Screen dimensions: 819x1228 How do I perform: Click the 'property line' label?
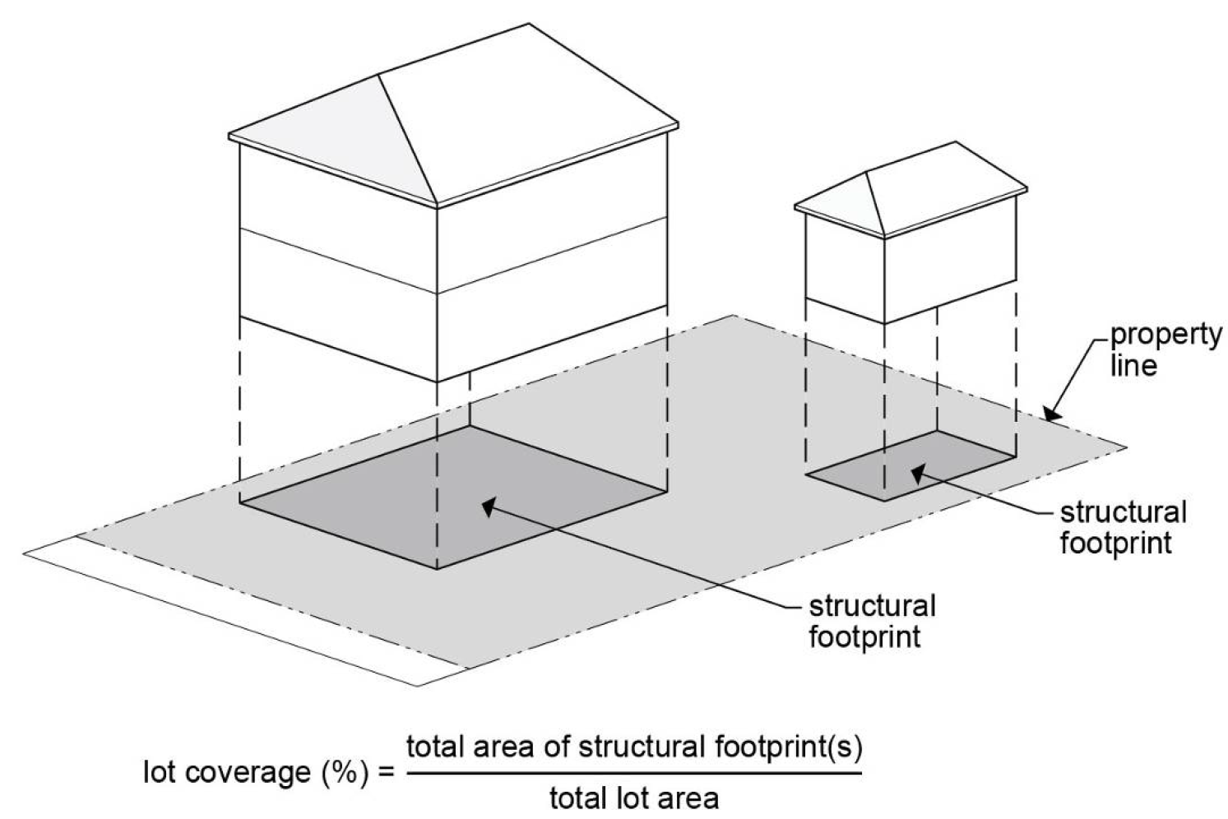[1165, 349]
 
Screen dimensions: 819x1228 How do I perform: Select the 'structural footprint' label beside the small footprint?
[1122, 527]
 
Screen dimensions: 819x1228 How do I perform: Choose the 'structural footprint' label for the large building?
[872, 621]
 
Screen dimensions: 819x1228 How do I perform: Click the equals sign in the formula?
[386, 774]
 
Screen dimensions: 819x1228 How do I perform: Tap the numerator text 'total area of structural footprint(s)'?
[634, 747]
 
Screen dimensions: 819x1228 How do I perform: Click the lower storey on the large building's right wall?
[551, 325]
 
